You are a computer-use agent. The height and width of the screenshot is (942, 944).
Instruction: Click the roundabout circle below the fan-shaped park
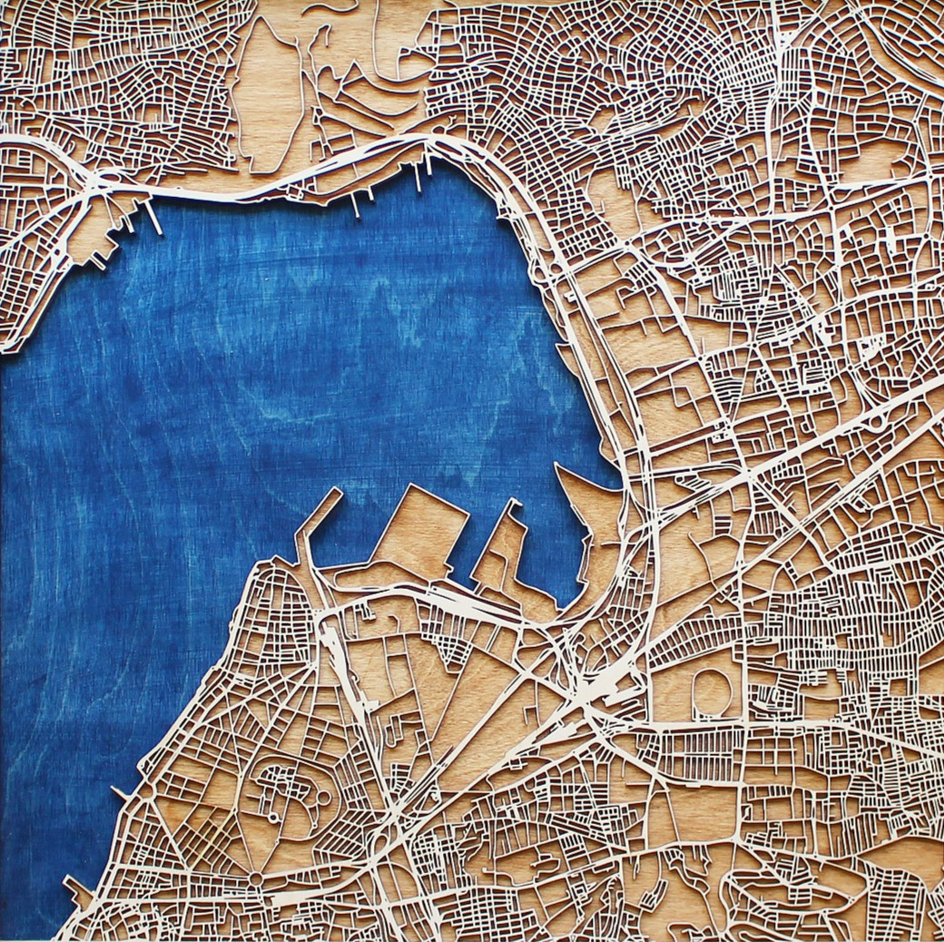[x=257, y=878]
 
